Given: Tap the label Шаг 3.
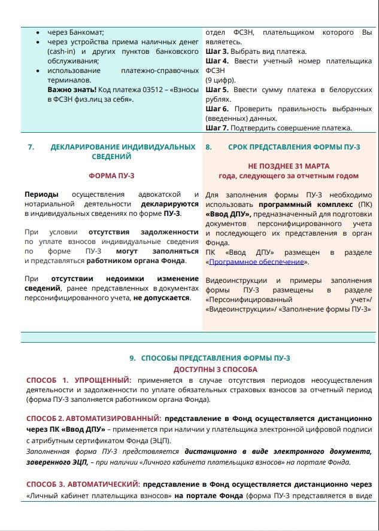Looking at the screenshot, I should coord(217,51).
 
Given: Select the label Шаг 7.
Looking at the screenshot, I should coord(217,128).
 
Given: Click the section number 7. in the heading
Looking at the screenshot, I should coord(31,147).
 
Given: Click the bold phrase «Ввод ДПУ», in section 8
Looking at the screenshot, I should coord(228,214).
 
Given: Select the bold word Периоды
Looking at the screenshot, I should coord(41,194).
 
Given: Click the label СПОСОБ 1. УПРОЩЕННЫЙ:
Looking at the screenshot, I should coord(79,380).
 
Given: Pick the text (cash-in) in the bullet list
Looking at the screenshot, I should coord(65,51).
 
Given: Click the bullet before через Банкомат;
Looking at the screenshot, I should coord(38,32).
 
